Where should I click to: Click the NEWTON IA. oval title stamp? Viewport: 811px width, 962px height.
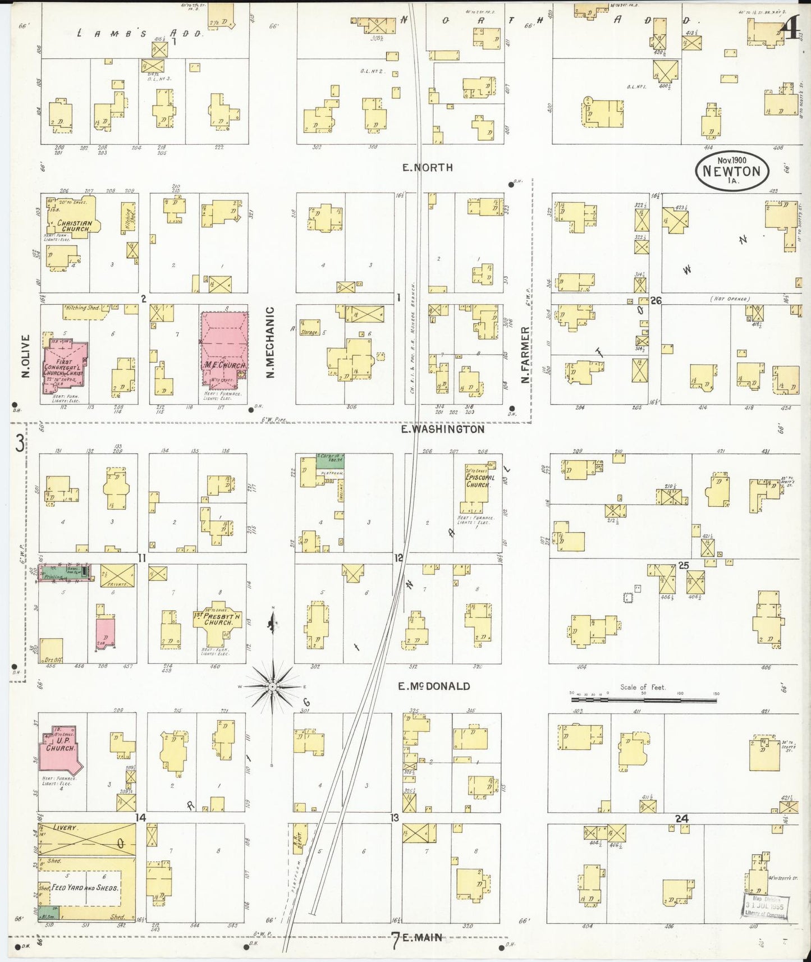732,171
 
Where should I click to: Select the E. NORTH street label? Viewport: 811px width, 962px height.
428,167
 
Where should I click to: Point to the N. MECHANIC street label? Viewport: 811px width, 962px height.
270,342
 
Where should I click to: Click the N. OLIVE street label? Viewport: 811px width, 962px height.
26,356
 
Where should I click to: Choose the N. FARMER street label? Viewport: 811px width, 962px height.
525,355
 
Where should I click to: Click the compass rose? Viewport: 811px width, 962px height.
272,686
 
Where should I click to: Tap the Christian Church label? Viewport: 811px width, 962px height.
74,226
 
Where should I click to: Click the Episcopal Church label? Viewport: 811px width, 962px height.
480,481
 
